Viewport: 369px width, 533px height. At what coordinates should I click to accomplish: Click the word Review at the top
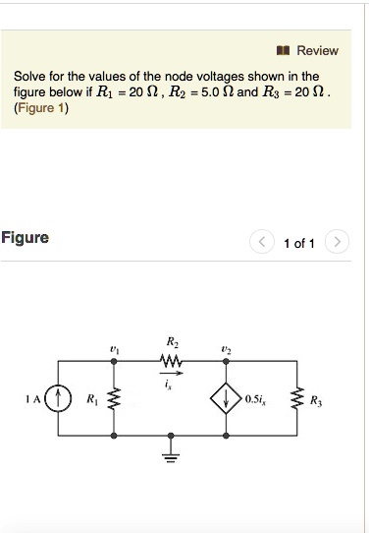point(317,50)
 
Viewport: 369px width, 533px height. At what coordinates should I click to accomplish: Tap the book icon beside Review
point(284,50)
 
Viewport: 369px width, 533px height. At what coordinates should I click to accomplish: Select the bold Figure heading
point(25,238)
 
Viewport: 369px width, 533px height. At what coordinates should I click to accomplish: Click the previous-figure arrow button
point(262,242)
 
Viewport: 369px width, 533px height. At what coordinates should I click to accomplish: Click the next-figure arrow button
point(336,242)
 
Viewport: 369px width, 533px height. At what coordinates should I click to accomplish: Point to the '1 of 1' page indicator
point(298,243)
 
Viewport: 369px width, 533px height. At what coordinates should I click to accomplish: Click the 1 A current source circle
point(61,399)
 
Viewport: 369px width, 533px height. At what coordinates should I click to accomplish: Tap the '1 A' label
point(34,399)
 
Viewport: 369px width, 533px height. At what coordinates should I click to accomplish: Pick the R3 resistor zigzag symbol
point(292,399)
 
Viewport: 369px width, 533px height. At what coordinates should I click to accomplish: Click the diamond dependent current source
point(229,399)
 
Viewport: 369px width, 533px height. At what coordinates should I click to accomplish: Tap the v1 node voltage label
point(115,350)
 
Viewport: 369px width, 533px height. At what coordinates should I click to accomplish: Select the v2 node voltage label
point(227,350)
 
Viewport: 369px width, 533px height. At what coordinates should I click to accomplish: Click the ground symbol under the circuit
point(174,453)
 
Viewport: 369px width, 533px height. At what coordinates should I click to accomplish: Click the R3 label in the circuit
point(314,400)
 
